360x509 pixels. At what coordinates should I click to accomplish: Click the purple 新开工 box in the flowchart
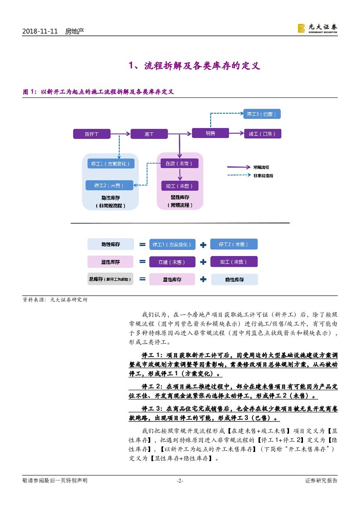[91, 134]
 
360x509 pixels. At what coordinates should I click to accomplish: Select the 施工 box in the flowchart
[149, 134]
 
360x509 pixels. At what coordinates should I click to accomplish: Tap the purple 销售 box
[210, 133]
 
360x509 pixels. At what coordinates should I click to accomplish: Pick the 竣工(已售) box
[262, 134]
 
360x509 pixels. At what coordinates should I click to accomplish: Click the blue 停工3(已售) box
[261, 114]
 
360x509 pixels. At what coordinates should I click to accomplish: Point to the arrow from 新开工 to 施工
[120, 134]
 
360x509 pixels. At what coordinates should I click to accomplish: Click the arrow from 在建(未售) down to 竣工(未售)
[179, 175]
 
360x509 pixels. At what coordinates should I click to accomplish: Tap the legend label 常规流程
[261, 167]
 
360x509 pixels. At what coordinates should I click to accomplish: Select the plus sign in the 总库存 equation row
[203, 279]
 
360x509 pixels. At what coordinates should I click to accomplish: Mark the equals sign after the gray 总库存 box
[142, 279]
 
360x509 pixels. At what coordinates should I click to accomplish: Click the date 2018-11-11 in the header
[40, 31]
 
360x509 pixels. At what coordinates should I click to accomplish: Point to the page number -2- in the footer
[180, 481]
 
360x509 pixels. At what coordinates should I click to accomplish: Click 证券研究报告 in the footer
[321, 481]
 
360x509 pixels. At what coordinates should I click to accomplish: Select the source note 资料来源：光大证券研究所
[55, 300]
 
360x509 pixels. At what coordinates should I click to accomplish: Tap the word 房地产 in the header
[74, 31]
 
